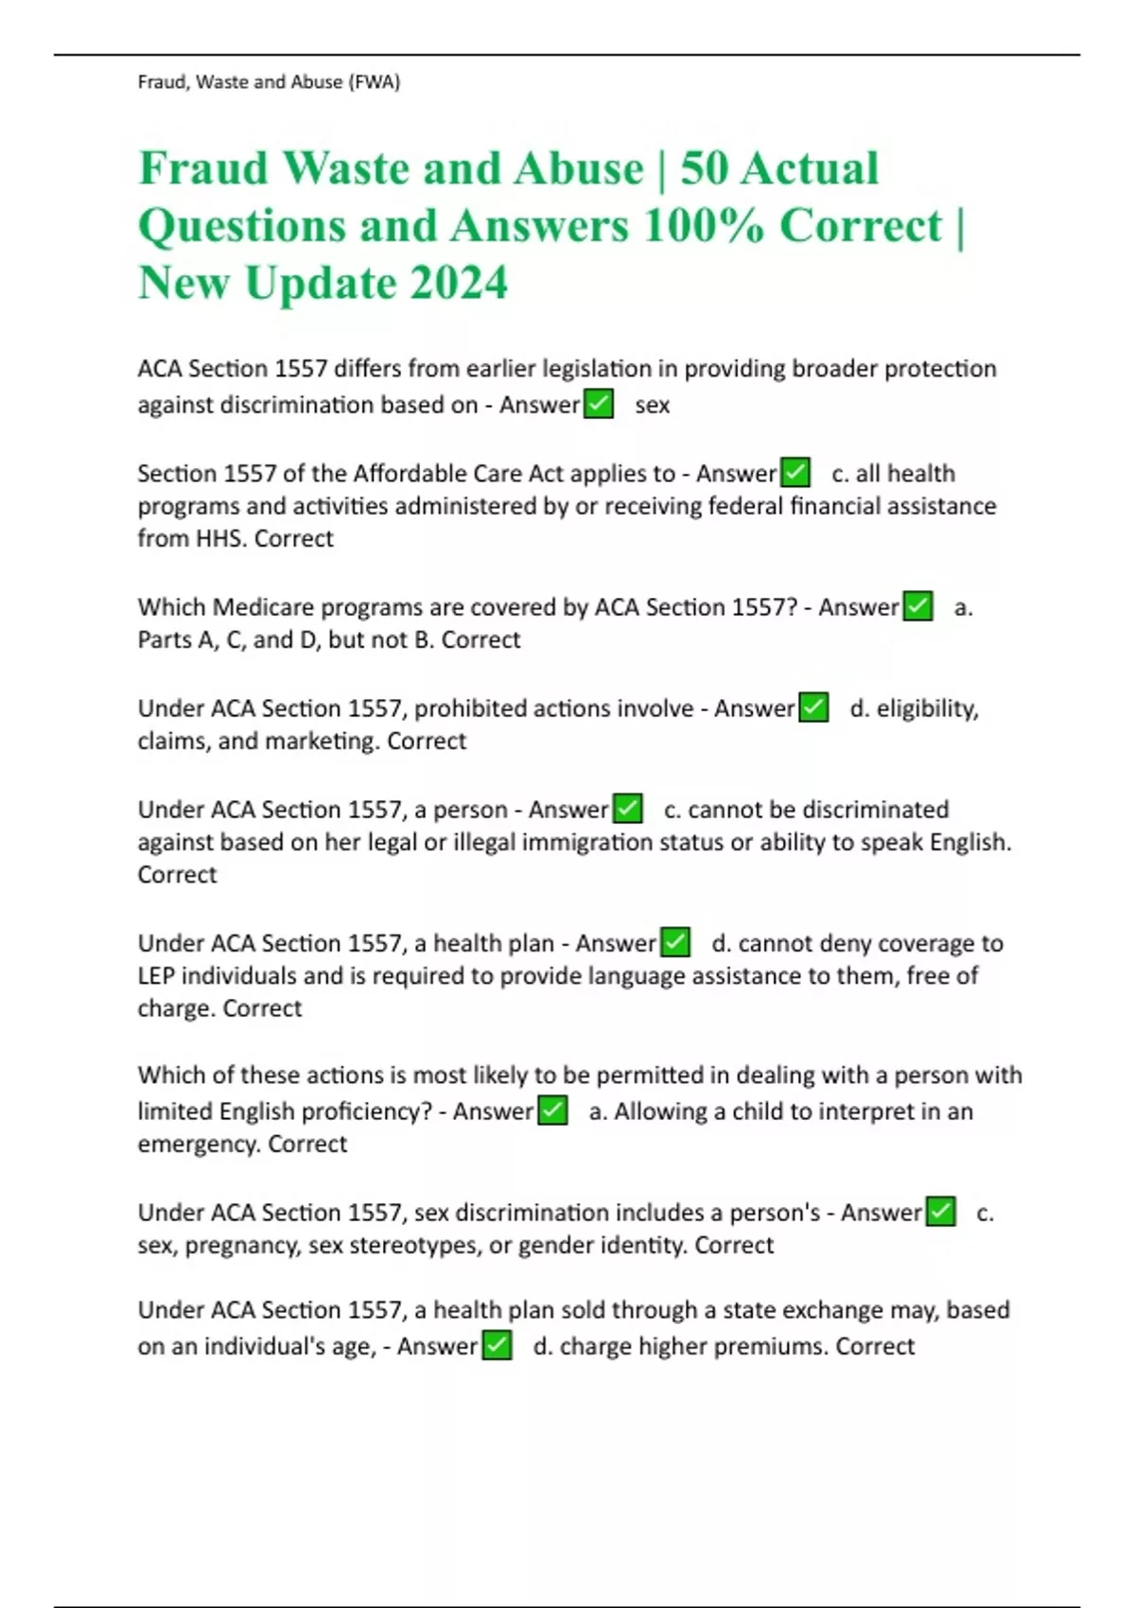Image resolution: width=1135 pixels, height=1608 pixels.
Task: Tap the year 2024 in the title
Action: pyautogui.click(x=458, y=283)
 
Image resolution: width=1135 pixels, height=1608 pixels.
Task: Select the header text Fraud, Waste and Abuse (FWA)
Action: pyautogui.click(x=269, y=82)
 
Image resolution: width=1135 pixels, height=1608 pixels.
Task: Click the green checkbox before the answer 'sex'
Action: pyautogui.click(x=598, y=404)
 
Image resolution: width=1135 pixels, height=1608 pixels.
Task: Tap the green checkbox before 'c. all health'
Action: pyautogui.click(x=794, y=472)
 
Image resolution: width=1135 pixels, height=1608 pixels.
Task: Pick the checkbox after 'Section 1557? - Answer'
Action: pyautogui.click(x=917, y=605)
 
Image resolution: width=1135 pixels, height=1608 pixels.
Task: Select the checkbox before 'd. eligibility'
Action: pyautogui.click(x=813, y=707)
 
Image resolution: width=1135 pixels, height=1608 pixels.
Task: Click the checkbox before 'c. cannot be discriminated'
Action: pyautogui.click(x=627, y=809)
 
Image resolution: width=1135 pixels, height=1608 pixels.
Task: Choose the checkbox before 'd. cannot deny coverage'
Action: pyautogui.click(x=674, y=942)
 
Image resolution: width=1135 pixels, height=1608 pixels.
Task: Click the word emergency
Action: pyautogui.click(x=198, y=1144)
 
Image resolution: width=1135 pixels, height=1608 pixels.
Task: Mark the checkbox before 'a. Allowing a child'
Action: pyautogui.click(x=551, y=1110)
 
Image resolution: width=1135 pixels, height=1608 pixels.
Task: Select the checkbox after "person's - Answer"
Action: pyautogui.click(x=940, y=1211)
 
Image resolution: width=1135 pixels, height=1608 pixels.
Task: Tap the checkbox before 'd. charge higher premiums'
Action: pyautogui.click(x=497, y=1345)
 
